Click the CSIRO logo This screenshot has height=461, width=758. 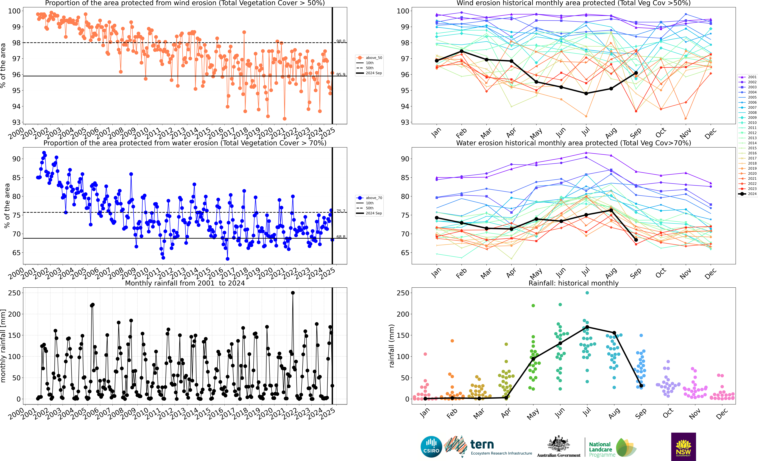click(x=431, y=447)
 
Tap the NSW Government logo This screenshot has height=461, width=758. click(x=683, y=447)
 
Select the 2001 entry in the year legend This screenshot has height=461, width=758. click(x=748, y=77)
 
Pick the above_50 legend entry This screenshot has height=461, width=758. click(x=370, y=58)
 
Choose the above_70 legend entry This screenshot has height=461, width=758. click(x=370, y=198)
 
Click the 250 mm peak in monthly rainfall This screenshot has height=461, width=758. click(x=293, y=293)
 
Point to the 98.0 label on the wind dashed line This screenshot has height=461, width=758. click(x=341, y=41)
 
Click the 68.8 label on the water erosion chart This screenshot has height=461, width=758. click(x=341, y=237)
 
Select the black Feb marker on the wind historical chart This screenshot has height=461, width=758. click(x=461, y=51)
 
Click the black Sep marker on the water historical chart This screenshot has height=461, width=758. click(x=636, y=240)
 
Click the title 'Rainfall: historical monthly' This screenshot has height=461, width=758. click(x=573, y=283)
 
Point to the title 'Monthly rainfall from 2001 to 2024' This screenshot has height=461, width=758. click(x=185, y=283)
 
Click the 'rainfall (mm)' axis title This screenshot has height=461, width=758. click(x=392, y=346)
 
